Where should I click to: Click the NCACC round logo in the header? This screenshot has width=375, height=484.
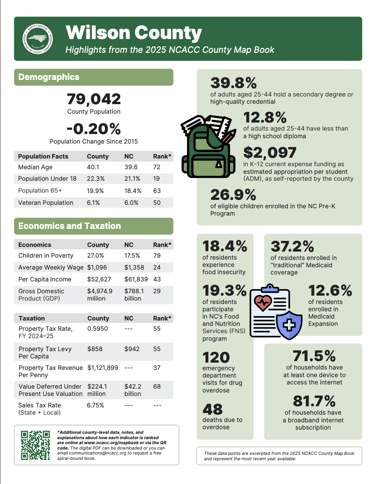[38, 39]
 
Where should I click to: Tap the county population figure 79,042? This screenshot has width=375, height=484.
[94, 99]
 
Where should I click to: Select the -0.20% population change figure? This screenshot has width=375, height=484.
[94, 129]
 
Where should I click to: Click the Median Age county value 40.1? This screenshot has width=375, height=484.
[93, 167]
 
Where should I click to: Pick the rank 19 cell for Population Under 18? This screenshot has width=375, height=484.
[157, 179]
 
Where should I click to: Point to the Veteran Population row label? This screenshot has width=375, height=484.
[46, 203]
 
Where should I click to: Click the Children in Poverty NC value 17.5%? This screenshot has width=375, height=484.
[132, 256]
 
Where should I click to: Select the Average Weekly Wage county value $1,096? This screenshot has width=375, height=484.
[97, 268]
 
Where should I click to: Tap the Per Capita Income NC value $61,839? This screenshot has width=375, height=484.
[136, 280]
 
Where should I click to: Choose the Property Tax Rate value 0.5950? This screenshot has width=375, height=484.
[98, 329]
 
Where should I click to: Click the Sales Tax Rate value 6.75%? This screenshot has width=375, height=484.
[95, 406]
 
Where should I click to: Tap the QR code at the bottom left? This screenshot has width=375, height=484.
[35, 445]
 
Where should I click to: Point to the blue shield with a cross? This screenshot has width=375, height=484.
[289, 325]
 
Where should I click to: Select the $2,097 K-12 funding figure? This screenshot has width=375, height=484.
[270, 153]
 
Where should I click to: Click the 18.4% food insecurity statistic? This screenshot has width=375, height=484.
[225, 246]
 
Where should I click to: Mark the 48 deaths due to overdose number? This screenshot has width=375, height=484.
[212, 410]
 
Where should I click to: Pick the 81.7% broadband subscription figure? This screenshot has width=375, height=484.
[314, 401]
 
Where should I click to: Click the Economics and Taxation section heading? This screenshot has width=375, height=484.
[70, 226]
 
